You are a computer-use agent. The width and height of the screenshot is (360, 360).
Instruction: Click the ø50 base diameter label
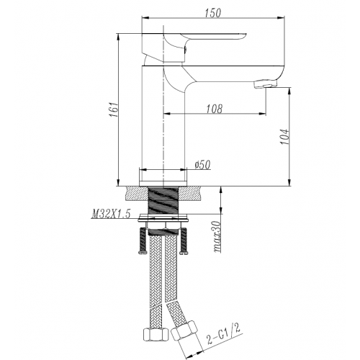point(202,165)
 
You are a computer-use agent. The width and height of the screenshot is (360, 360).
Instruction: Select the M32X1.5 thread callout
point(112,214)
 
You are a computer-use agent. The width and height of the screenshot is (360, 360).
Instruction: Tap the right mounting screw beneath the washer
point(186,242)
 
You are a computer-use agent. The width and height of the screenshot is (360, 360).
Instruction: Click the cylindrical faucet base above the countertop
point(166,176)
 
